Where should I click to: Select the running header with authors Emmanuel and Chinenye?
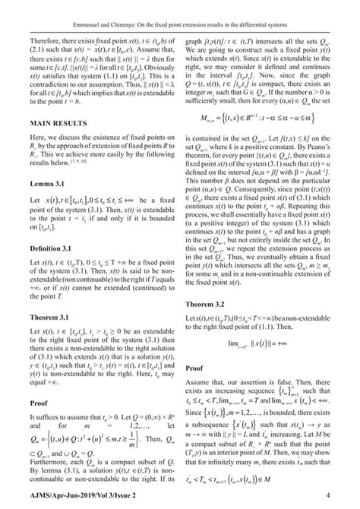180,9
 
